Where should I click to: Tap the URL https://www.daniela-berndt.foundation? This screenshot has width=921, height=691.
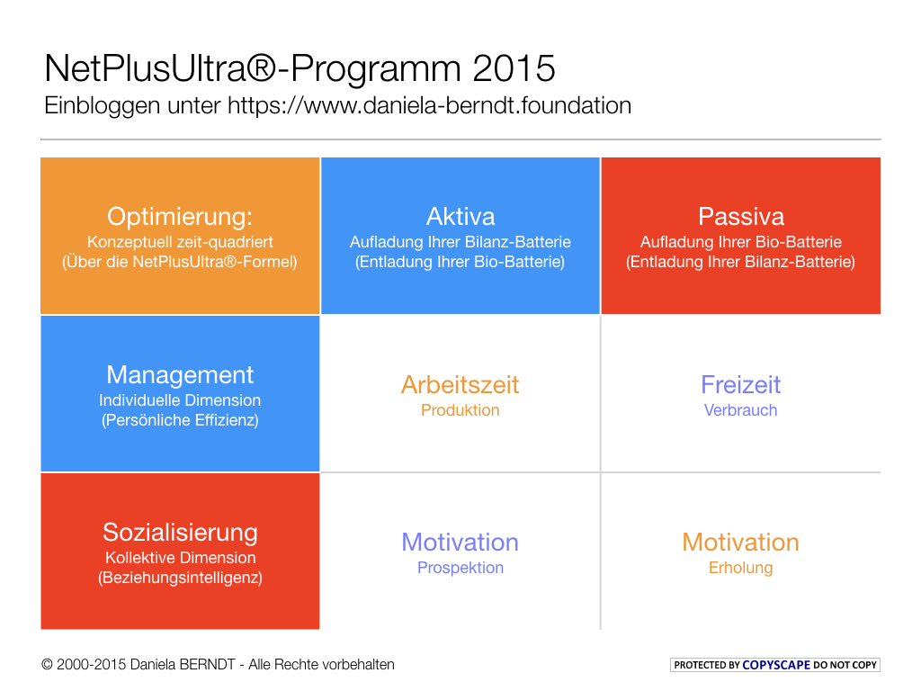click(429, 105)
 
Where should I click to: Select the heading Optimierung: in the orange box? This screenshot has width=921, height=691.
click(180, 217)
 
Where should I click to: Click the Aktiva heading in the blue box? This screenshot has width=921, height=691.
click(460, 217)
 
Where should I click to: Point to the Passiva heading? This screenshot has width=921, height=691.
click(740, 217)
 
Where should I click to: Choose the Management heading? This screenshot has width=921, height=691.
click(180, 374)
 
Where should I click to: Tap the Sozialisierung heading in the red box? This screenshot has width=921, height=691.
click(180, 532)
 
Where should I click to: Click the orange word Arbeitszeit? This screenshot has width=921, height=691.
click(460, 385)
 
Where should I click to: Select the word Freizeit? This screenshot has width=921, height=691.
click(740, 385)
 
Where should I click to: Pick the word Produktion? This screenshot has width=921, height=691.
click(460, 410)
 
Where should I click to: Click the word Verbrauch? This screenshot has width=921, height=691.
click(740, 410)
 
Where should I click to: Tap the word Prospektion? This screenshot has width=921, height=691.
click(460, 568)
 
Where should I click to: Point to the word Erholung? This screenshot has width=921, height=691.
click(740, 568)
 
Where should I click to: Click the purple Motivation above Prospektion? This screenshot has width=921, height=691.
click(460, 543)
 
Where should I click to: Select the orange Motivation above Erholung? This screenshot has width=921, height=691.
click(740, 543)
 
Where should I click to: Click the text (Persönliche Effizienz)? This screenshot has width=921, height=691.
click(180, 420)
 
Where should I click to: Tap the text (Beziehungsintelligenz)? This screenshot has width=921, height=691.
click(180, 578)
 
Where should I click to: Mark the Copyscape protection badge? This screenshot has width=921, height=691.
click(775, 665)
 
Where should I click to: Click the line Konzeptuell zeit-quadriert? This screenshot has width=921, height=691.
click(180, 242)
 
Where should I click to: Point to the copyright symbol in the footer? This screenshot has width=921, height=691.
click(47, 665)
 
